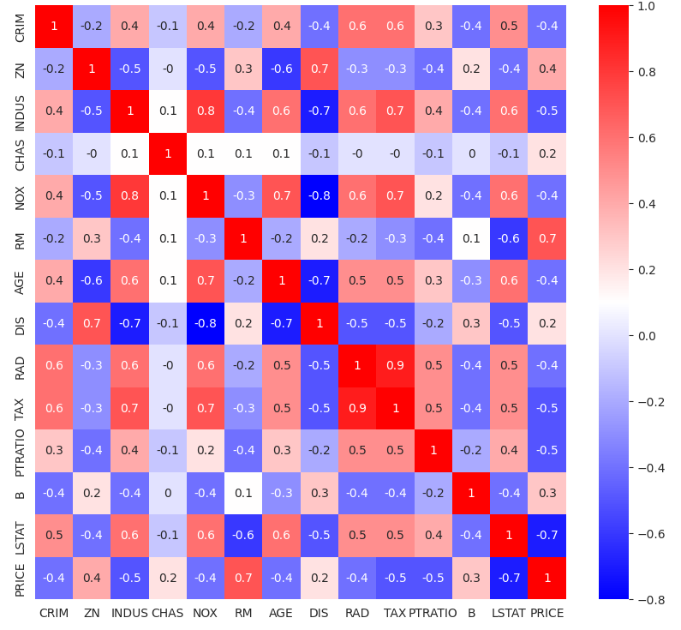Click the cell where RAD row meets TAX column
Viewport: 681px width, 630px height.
(395, 365)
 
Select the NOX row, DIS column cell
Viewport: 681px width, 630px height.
(320, 195)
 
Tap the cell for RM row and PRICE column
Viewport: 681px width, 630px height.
(547, 238)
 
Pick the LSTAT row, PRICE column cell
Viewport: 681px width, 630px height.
(547, 535)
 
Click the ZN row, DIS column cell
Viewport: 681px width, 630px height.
(320, 69)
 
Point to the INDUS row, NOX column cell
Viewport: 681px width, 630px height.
(206, 111)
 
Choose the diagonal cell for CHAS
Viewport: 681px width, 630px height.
(168, 153)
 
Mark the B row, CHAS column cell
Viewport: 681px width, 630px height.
(168, 493)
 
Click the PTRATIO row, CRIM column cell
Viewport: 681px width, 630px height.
(54, 450)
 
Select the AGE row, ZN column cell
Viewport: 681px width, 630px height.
(93, 280)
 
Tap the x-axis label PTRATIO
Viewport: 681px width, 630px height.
(433, 613)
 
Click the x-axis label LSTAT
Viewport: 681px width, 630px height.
(509, 613)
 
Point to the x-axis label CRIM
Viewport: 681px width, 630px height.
(54, 613)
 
